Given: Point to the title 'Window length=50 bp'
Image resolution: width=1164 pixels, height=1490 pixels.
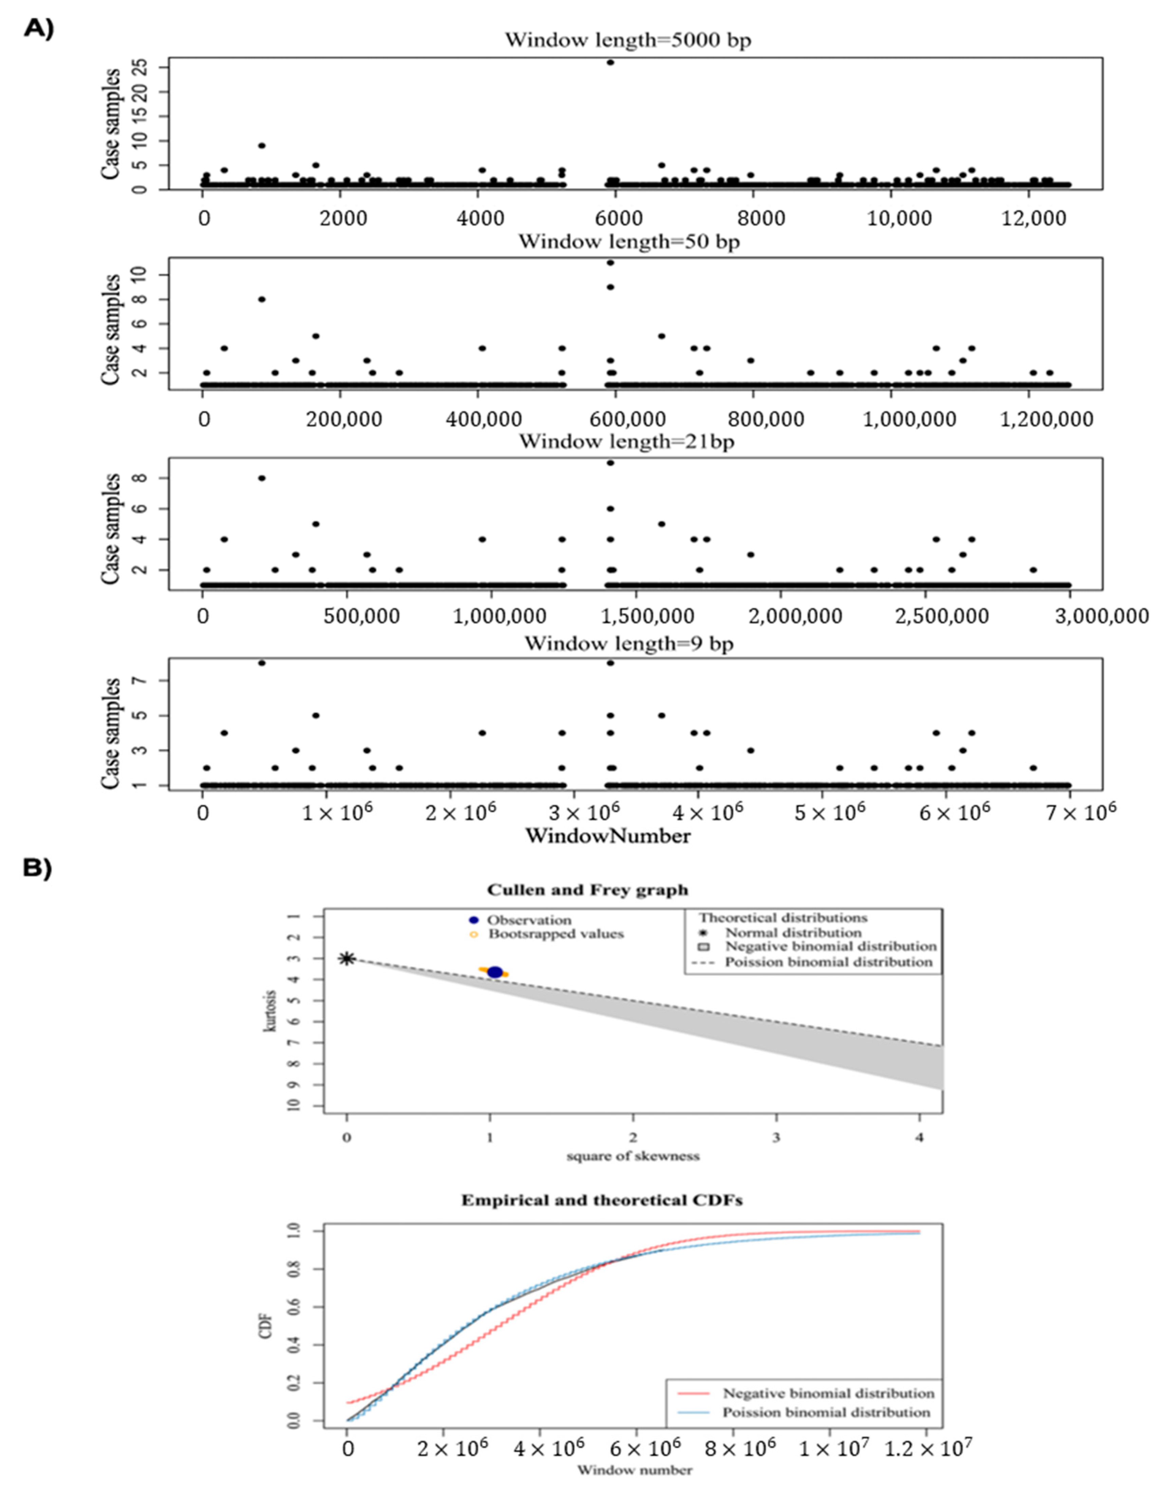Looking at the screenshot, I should click(629, 241).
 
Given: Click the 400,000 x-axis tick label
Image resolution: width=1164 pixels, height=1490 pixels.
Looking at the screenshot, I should click(484, 419).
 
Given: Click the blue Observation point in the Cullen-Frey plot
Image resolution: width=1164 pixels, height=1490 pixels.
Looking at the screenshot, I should click(495, 972).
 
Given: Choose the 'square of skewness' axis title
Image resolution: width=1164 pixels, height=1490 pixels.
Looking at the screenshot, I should click(633, 1156).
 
